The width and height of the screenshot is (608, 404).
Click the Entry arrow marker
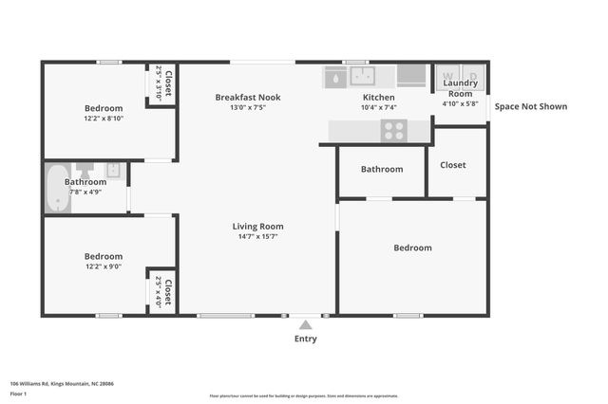[x=305, y=325]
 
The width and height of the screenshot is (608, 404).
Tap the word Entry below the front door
[x=305, y=339]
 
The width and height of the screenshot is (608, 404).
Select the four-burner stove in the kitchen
[x=393, y=131]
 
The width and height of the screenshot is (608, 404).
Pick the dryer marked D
[x=472, y=75]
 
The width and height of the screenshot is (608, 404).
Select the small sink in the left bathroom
[x=113, y=171]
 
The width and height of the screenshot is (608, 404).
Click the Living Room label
[x=258, y=227]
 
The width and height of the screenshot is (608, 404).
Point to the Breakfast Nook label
[x=248, y=97]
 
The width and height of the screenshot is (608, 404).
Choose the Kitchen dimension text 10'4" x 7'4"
[x=379, y=107]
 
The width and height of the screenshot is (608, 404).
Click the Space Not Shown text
[x=530, y=106]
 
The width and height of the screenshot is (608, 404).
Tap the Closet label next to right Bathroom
[x=453, y=165]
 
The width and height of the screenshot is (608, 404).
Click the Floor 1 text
[x=18, y=393]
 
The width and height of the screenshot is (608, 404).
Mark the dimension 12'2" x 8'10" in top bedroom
[x=103, y=119]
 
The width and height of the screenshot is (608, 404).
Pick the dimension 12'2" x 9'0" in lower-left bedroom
[x=103, y=266]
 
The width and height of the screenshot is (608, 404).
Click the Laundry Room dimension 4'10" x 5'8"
[x=461, y=103]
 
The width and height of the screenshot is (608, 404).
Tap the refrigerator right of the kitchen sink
[x=411, y=76]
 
